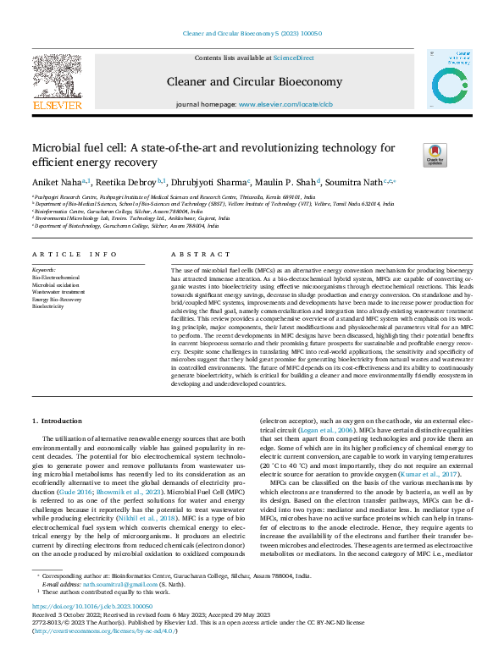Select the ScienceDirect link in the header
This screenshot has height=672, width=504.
point(293,58)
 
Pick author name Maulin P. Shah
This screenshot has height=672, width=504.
point(284,182)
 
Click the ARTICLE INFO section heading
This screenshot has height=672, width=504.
point(75,254)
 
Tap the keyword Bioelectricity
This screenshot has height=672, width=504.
point(47,306)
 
